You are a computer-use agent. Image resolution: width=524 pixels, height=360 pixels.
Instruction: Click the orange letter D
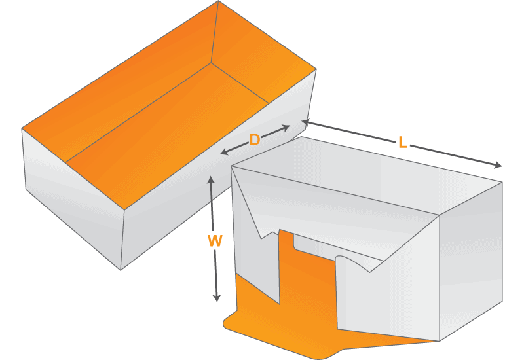pos(255,140)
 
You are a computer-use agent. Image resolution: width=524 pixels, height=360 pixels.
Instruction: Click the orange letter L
pos(402,142)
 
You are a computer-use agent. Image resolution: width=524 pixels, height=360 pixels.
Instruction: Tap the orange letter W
pos(215,242)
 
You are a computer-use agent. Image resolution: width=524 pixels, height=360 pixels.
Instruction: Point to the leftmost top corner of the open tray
pos(22,128)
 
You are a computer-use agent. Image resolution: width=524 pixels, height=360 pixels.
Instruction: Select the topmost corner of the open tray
pos(218,1)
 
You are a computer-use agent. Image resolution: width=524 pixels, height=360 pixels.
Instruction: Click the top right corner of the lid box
pos(502,182)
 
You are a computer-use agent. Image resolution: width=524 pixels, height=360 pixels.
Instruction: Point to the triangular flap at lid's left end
pos(252,203)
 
